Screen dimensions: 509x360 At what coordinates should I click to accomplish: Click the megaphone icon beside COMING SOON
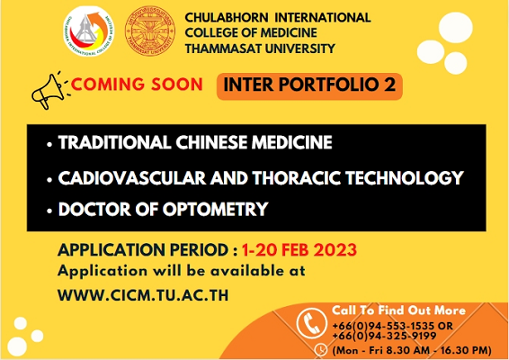point(49,91)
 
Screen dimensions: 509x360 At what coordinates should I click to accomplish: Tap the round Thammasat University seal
point(149,31)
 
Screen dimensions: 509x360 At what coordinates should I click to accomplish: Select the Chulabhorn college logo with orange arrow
point(89,31)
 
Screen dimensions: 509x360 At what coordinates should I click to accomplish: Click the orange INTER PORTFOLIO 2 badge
point(309,86)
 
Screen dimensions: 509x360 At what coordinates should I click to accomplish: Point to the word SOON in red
point(177,85)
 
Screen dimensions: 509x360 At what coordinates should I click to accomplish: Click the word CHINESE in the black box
point(211,142)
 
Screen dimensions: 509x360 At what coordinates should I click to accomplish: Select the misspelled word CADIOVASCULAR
point(132,178)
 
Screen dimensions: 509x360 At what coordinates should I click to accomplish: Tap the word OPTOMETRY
point(215,209)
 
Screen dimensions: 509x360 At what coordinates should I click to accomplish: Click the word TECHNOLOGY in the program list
point(404,178)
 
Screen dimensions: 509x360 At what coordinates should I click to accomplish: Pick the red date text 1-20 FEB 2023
point(299,250)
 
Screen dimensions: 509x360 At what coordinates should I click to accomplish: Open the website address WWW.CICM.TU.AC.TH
point(143,295)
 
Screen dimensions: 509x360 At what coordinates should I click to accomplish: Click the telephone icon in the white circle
point(312,323)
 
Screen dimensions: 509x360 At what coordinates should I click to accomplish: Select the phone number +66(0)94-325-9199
point(384,336)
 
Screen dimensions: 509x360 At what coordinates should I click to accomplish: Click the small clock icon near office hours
point(321,349)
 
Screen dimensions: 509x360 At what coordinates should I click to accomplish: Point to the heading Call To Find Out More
point(398,310)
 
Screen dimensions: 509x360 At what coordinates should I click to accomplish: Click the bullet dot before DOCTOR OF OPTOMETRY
point(49,211)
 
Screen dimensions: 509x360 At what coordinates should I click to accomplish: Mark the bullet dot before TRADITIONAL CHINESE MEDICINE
point(49,144)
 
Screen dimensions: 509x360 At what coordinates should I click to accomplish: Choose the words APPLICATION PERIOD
point(143,250)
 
